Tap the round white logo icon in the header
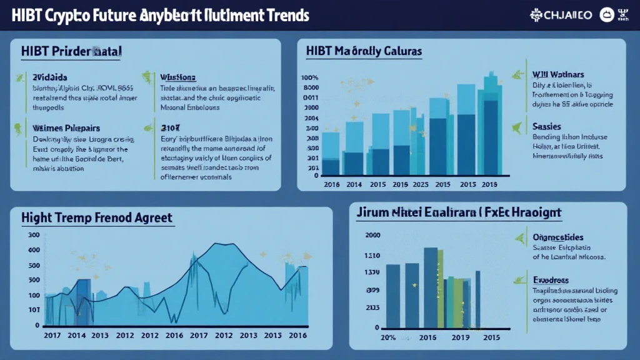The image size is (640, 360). tap(606, 15)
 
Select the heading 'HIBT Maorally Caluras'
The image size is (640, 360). tap(364, 51)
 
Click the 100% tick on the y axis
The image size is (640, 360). tap(311, 77)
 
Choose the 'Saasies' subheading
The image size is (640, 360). tap(546, 126)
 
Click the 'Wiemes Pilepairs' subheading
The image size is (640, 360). tap(66, 127)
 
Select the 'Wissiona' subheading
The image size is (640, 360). tap(178, 77)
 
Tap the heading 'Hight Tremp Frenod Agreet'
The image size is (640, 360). tap(97, 218)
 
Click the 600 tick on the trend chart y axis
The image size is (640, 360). tap(34, 250)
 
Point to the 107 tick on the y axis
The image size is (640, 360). tap(34, 310)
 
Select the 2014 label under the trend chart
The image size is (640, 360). tap(76, 335)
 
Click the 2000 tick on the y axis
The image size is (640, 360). tap(372, 236)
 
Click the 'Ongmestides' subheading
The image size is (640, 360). tap(558, 237)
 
